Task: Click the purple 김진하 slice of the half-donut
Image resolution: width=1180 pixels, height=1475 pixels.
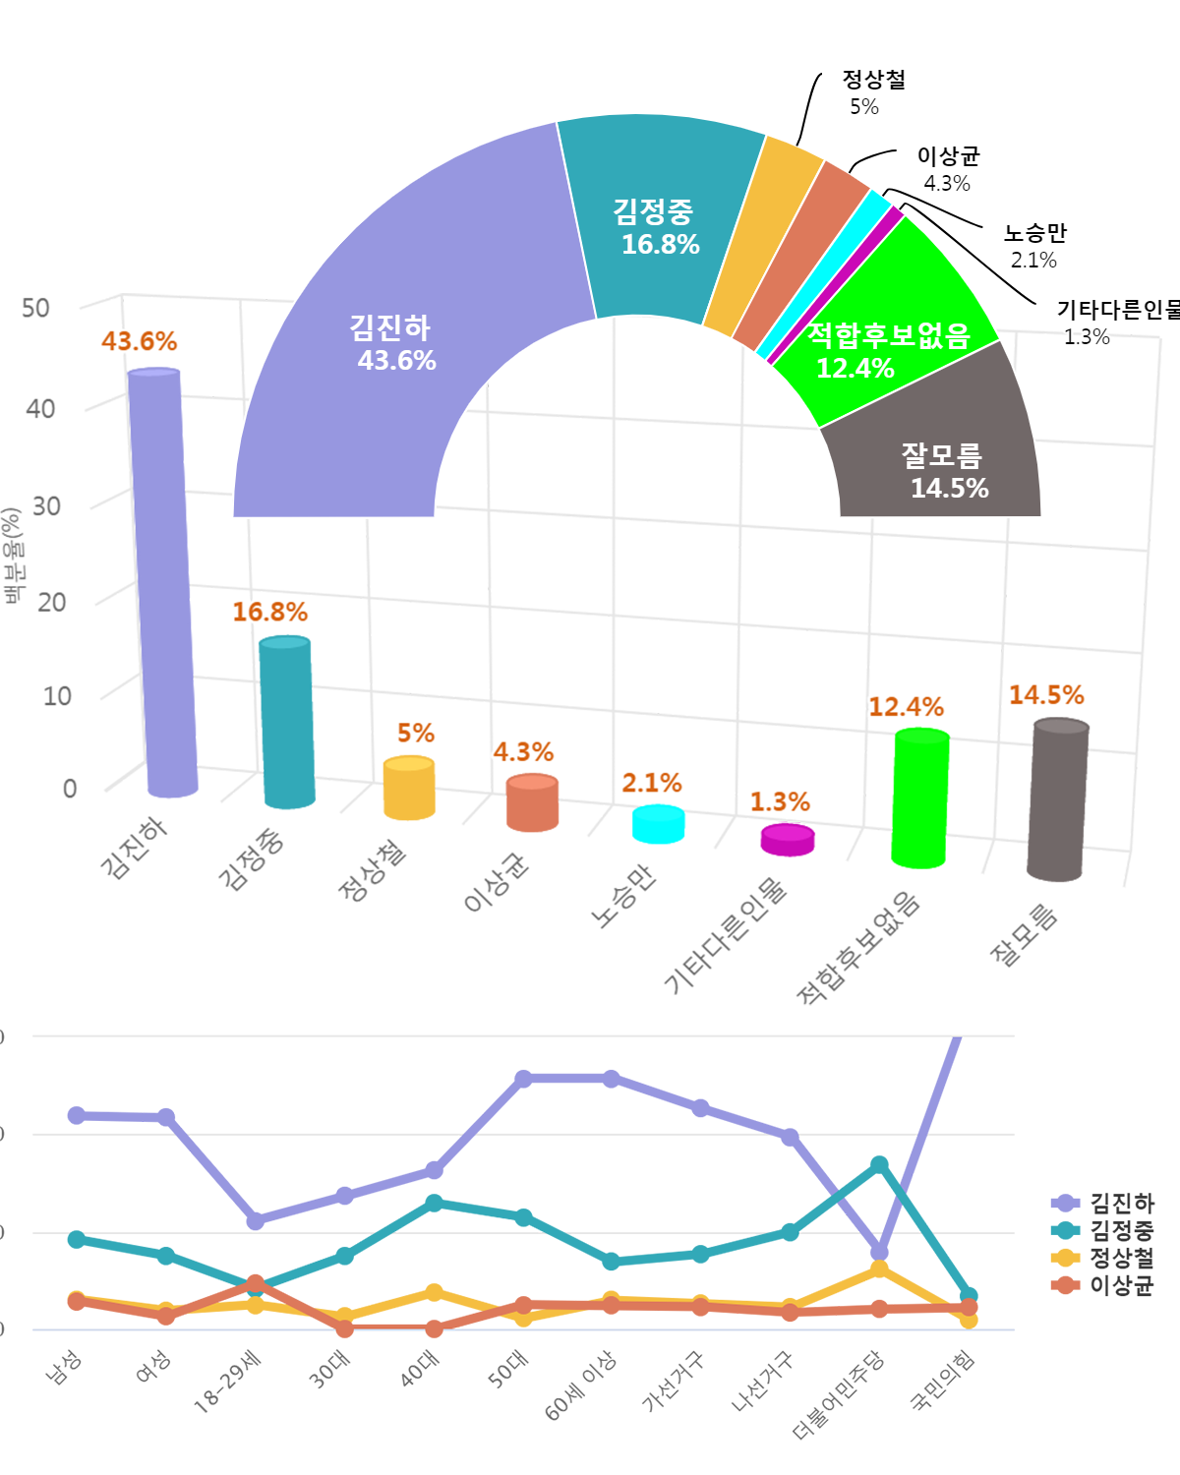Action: point(393,344)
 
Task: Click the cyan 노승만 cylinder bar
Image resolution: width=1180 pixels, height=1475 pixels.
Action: point(658,824)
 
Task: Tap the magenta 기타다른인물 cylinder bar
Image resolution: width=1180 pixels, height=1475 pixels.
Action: point(788,840)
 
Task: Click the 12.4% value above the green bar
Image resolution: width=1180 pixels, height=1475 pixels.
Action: point(906,707)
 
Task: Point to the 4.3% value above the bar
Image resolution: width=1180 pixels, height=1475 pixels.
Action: point(523,752)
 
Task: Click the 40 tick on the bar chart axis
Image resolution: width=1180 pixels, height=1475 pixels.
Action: point(40,408)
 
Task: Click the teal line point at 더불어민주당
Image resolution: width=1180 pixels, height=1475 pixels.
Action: point(879,1164)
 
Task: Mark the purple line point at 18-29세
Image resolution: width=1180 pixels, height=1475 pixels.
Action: point(256,1220)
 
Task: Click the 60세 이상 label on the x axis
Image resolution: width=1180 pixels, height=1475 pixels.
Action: point(580,1386)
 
